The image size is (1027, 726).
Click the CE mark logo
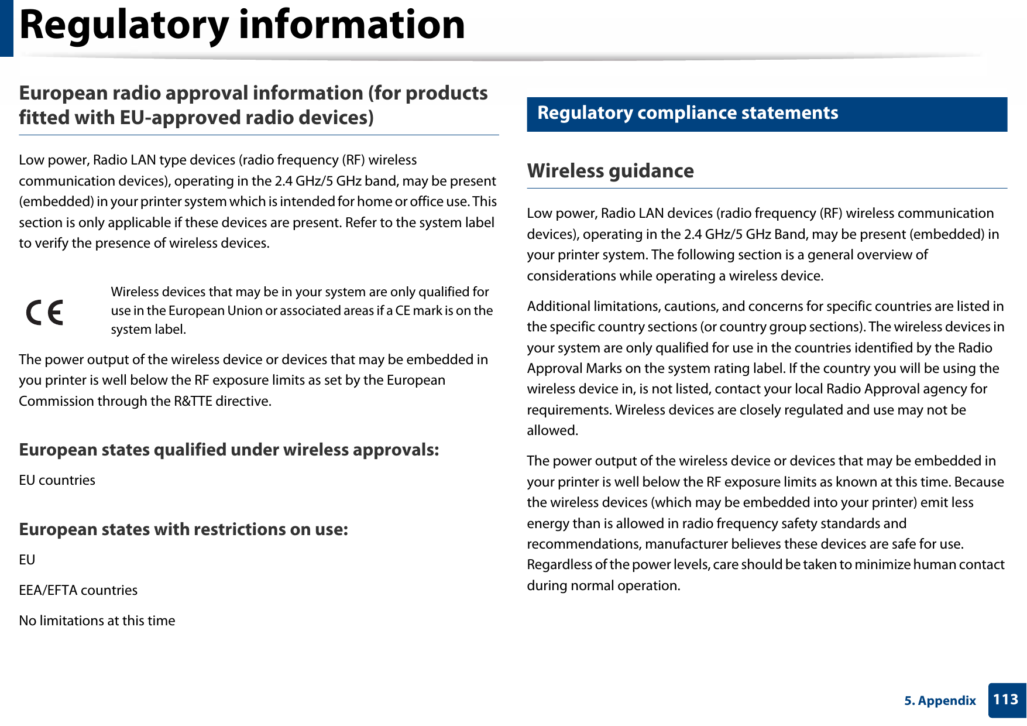coord(44,313)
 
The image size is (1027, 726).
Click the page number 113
coord(1005,700)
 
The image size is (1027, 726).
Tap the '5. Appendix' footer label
coord(940,701)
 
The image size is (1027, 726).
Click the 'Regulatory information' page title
coord(242,25)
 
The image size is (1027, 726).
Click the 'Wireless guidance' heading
coord(610,171)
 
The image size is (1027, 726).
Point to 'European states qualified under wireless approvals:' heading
coord(229,450)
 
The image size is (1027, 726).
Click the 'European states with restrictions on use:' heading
coord(183,529)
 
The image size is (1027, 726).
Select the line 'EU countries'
coord(57,480)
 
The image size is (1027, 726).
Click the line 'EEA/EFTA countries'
coord(78,590)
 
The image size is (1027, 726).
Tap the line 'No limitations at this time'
coord(97,621)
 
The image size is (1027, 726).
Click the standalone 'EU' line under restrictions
coord(27,560)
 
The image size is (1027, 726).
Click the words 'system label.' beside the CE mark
coord(149,330)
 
